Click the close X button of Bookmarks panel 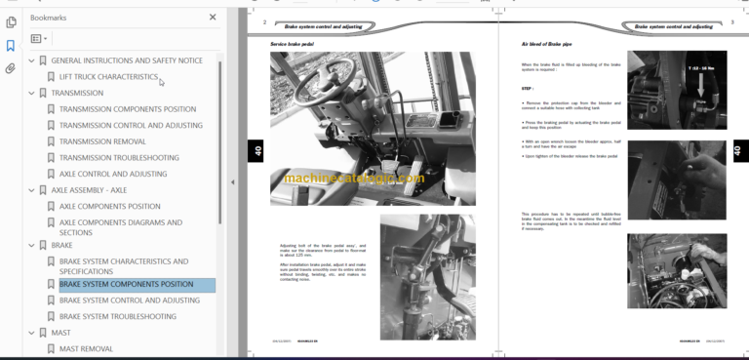[213, 17]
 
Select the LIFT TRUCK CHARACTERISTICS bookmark [108, 76]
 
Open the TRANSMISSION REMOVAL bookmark [102, 141]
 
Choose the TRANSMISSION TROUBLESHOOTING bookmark [119, 157]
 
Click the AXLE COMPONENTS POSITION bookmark [109, 207]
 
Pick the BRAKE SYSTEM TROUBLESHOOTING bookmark [117, 316]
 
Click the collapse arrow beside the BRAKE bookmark [31, 245]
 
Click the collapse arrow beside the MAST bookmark [31, 333]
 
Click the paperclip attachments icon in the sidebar [11, 68]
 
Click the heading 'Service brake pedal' [293, 44]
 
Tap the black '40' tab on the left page [257, 150]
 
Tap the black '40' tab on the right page [737, 150]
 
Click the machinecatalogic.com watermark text [354, 179]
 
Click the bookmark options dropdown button [39, 39]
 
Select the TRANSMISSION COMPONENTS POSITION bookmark [127, 109]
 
